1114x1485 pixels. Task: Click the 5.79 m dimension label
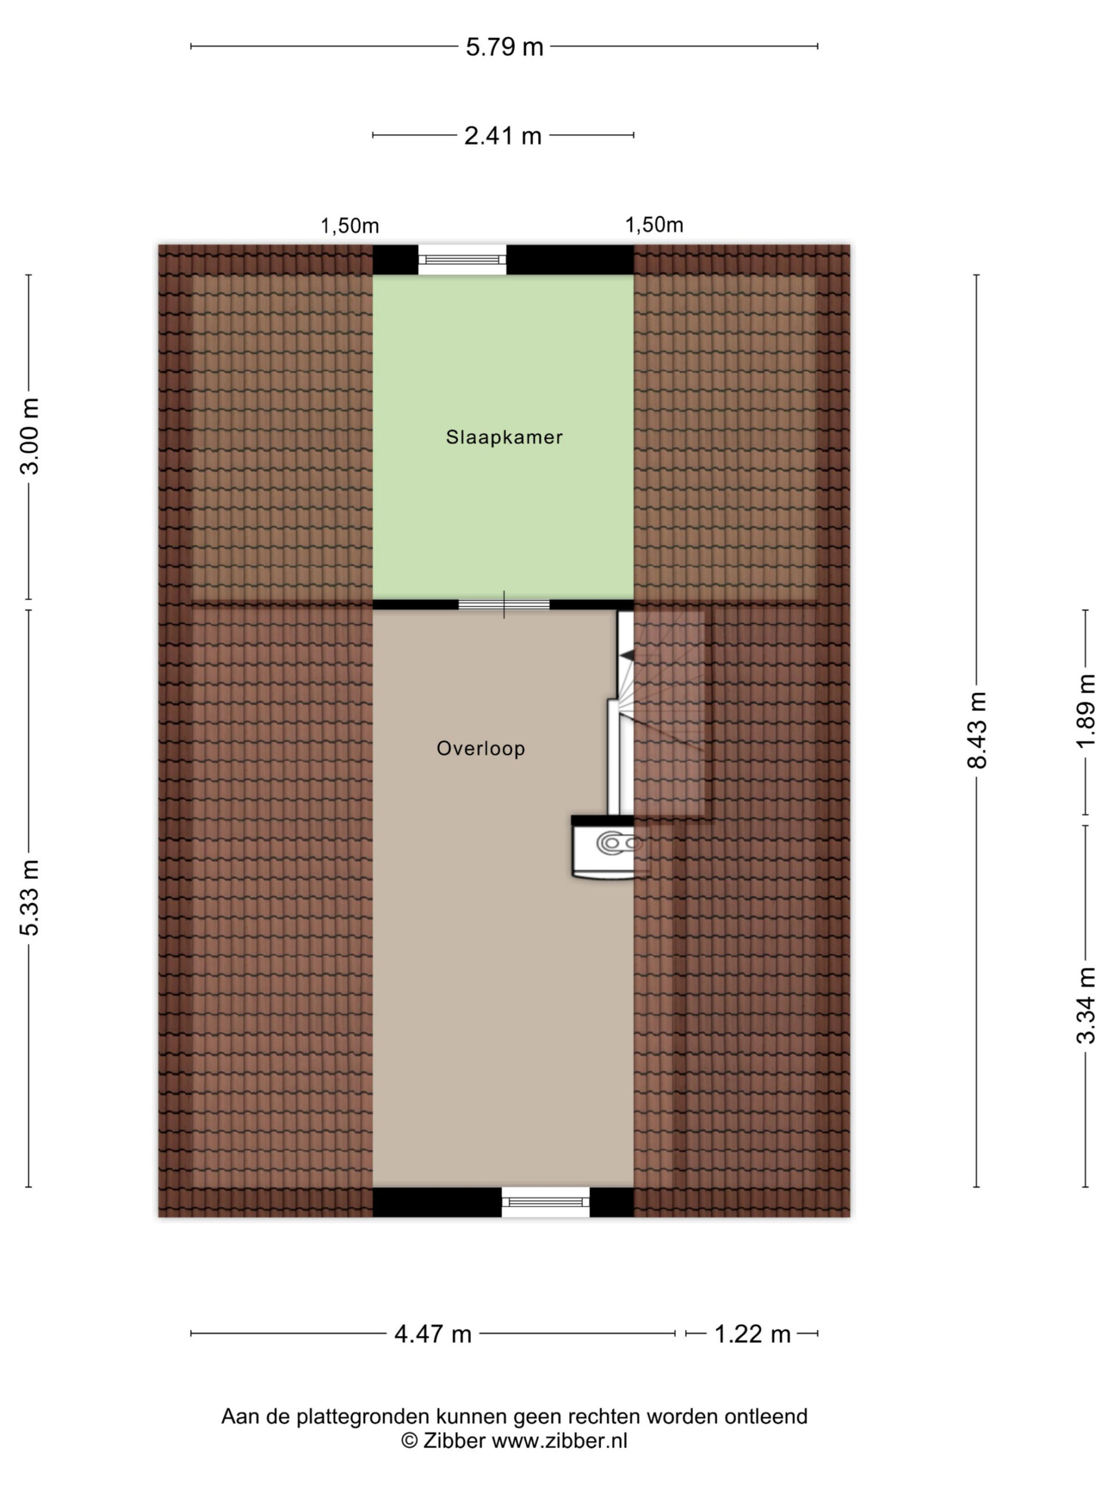[x=504, y=47]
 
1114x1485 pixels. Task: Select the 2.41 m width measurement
[x=503, y=136]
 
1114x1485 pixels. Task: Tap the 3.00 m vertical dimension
[x=30, y=436]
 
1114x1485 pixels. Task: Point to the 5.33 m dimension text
[x=30, y=897]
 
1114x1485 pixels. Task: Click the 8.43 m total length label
[x=977, y=730]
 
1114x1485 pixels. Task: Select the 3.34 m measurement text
[x=1086, y=1006]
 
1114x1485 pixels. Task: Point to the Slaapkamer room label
[x=504, y=437]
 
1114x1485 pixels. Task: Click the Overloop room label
[x=481, y=748]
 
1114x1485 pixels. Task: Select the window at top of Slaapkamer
[x=462, y=259]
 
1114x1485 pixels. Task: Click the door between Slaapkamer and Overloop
[x=504, y=605]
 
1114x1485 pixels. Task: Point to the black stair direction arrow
[x=627, y=654]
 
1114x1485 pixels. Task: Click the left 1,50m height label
[x=349, y=226]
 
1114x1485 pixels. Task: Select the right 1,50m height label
[x=654, y=225]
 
